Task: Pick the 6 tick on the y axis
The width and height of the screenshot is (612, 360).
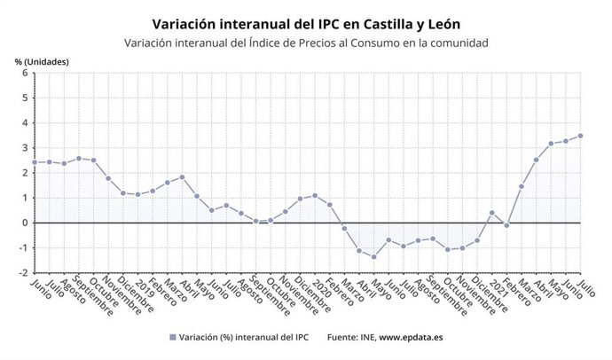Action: (25, 74)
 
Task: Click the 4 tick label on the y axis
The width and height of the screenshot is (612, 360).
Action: (25, 123)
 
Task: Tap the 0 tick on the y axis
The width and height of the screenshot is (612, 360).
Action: (25, 223)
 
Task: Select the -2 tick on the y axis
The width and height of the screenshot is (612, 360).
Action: (23, 272)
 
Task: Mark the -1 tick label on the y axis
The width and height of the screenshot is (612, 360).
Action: (23, 247)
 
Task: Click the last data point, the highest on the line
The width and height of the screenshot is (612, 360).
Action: (580, 136)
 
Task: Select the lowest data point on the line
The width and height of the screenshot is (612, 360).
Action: (374, 257)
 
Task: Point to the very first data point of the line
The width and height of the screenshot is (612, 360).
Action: (35, 162)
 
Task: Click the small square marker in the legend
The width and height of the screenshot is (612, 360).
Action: (171, 338)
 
